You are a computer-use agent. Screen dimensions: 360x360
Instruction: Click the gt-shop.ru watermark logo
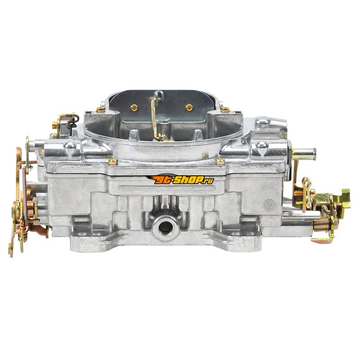(180, 179)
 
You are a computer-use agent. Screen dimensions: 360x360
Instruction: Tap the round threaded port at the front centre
(165, 226)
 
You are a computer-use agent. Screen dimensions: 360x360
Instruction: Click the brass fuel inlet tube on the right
(303, 153)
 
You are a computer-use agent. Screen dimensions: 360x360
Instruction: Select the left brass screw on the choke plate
(134, 107)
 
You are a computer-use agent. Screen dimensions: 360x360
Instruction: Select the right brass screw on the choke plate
(189, 107)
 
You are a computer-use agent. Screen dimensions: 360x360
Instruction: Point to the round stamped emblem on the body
(269, 205)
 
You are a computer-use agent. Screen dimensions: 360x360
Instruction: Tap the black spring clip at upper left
(72, 121)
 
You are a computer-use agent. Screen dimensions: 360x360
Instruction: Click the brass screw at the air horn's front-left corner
(113, 162)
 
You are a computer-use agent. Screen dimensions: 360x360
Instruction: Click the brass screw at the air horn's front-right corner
(220, 161)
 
